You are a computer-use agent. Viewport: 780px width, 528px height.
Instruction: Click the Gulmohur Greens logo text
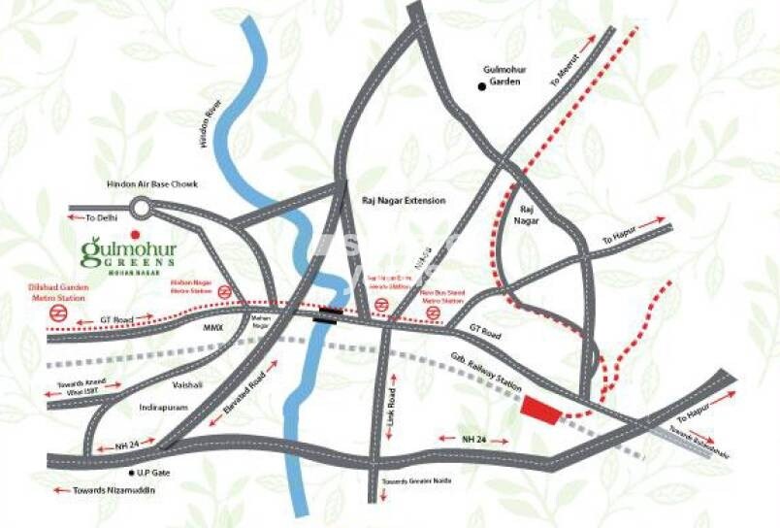pos(127,255)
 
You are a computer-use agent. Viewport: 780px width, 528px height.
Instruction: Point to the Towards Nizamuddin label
pos(114,490)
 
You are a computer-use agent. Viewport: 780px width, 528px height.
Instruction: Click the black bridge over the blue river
pos(327,313)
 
